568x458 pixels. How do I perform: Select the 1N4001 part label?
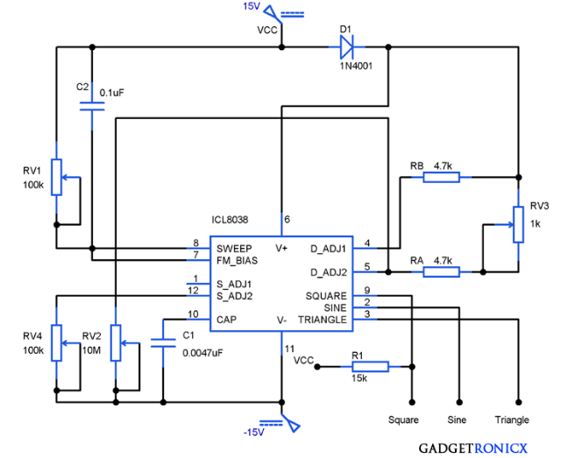click(356, 66)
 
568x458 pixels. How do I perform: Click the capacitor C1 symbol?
click(162, 341)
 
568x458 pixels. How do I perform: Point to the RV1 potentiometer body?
click(56, 177)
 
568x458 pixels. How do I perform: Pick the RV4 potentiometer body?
click(56, 342)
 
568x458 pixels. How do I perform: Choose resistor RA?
click(441, 272)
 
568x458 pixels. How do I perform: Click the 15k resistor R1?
click(359, 367)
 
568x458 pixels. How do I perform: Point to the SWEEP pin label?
click(233, 249)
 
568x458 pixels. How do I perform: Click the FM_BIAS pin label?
click(237, 260)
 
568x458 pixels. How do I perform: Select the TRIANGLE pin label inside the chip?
click(322, 320)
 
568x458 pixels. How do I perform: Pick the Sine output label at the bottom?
click(457, 419)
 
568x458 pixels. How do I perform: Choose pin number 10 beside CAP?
click(193, 314)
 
